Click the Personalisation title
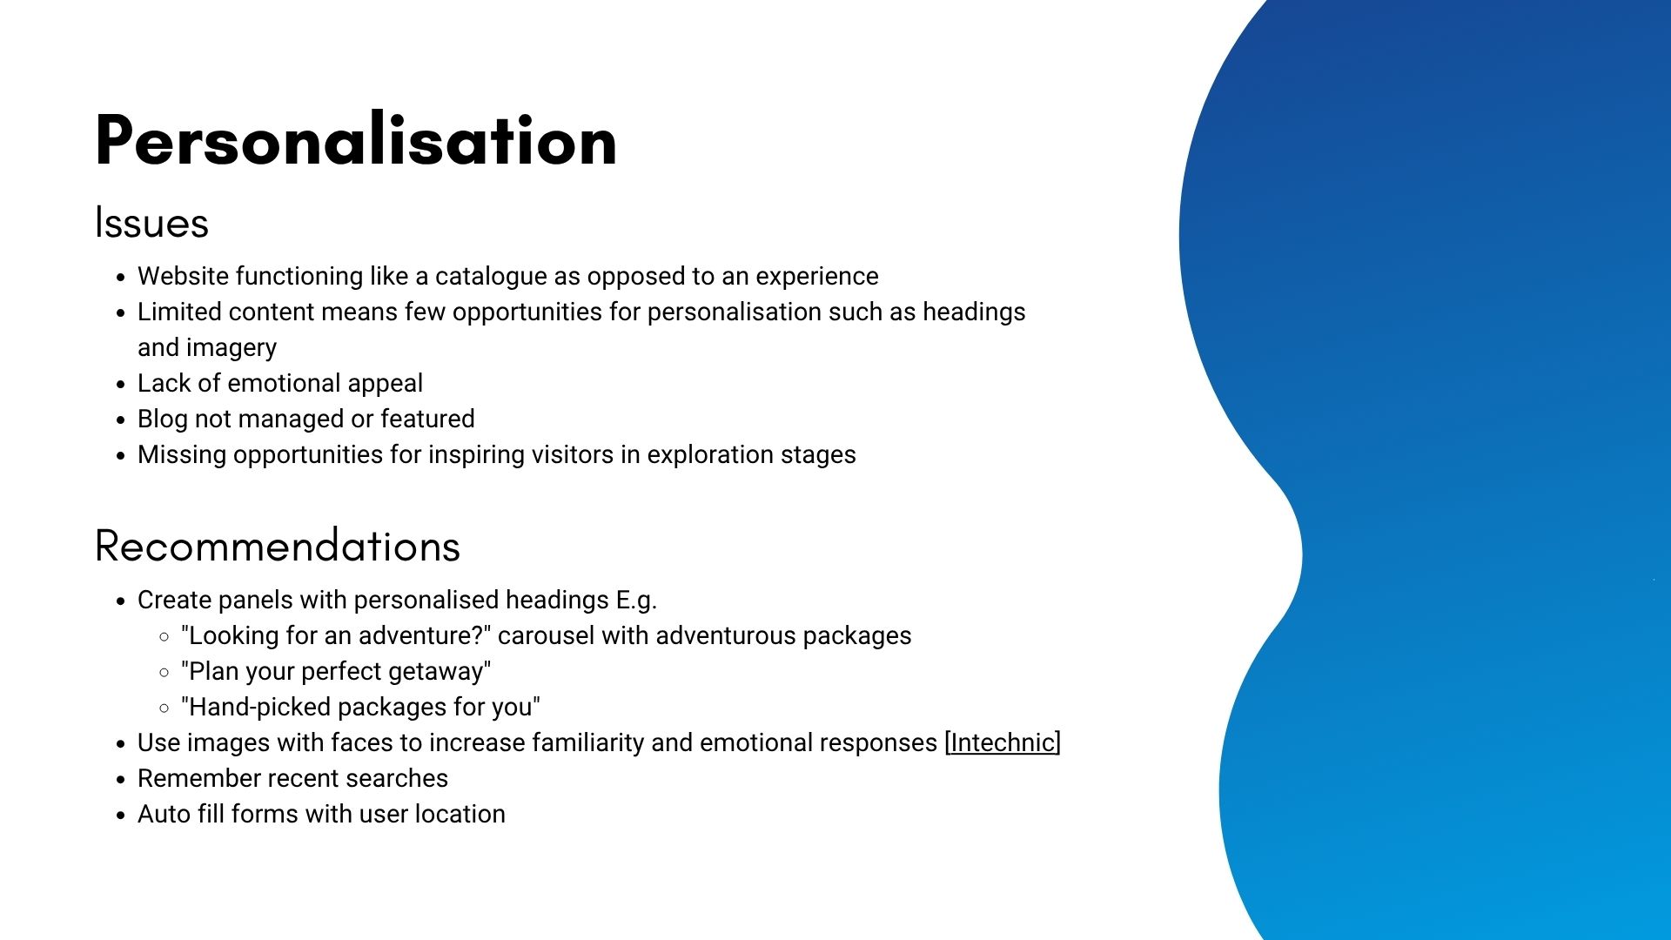click(356, 139)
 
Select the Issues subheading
click(151, 223)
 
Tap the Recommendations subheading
click(278, 546)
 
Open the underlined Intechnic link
click(1003, 742)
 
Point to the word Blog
click(163, 420)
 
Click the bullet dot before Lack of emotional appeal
click(121, 385)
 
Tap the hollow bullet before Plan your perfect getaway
click(164, 672)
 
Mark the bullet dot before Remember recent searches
click(121, 780)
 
